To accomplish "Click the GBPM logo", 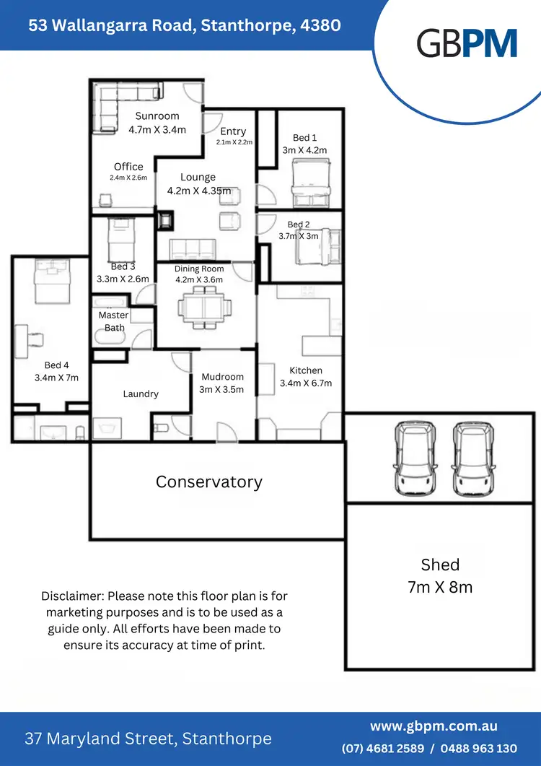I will point(467,43).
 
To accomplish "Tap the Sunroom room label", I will point(157,116).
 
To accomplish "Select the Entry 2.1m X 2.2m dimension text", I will point(234,142).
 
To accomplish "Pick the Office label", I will point(128,167).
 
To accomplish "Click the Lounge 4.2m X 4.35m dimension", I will point(199,191).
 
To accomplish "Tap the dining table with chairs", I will point(205,306).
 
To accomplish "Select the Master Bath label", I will point(114,321).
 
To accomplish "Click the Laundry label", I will point(141,393).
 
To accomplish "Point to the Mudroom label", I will point(222,377).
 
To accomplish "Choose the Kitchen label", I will point(306,370).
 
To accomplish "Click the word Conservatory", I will point(209,482).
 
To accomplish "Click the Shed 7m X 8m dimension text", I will point(440,587).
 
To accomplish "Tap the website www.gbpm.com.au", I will point(434,726).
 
